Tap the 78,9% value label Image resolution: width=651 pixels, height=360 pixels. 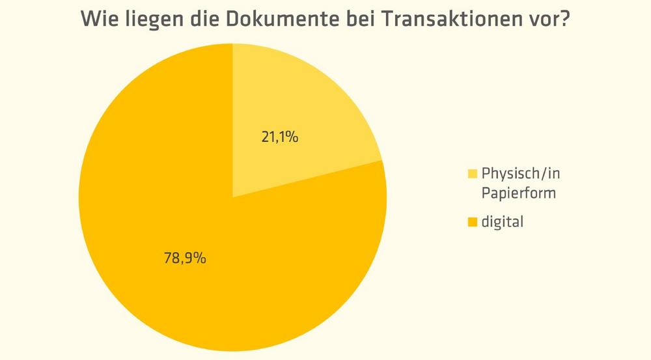pyautogui.click(x=185, y=258)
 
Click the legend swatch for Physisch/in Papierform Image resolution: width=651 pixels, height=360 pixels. pyautogui.click(x=473, y=174)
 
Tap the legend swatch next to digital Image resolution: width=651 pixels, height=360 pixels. pyautogui.click(x=473, y=223)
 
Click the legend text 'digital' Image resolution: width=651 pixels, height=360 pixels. pyautogui.click(x=502, y=222)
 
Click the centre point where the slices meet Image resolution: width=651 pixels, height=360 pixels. pyautogui.click(x=232, y=197)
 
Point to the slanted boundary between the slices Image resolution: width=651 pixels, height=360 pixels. pyautogui.click(x=307, y=178)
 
